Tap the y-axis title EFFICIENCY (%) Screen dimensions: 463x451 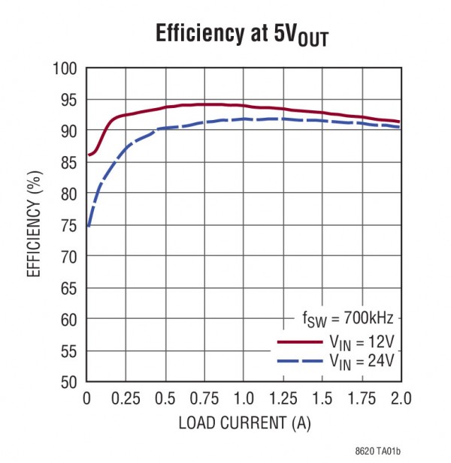click(x=35, y=224)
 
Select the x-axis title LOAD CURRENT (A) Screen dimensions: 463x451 click(x=244, y=422)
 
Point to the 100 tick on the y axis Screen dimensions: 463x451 click(x=66, y=69)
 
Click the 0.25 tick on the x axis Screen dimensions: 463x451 click(x=126, y=398)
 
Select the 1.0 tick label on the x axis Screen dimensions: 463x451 click(x=243, y=398)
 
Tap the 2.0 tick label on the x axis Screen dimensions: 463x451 click(x=400, y=398)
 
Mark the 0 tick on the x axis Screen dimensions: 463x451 click(x=87, y=398)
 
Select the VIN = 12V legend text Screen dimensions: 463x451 click(x=361, y=342)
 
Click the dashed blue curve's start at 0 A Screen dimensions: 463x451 click(x=88, y=224)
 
